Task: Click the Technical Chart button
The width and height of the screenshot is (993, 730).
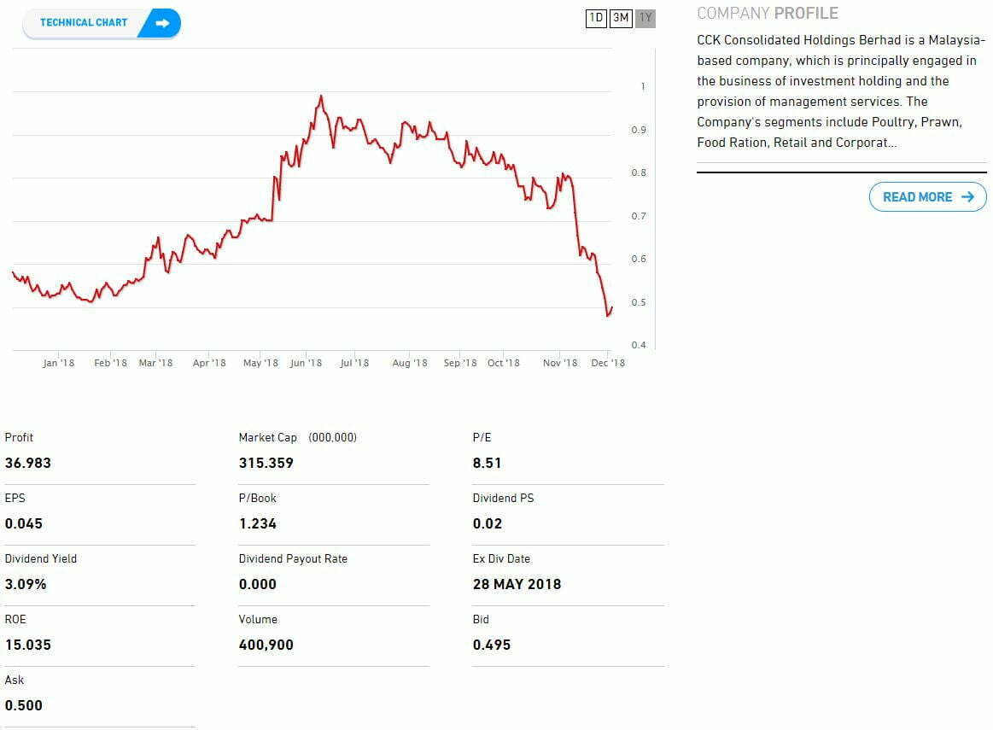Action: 102,23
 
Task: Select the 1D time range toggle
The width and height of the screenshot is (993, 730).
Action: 596,18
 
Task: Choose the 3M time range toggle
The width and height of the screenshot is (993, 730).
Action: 621,18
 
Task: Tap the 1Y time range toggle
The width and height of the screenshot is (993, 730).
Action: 645,18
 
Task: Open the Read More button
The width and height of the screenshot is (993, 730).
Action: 927,197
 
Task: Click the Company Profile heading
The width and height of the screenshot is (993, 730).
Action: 768,14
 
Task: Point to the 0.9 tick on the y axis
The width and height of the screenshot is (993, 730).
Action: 639,130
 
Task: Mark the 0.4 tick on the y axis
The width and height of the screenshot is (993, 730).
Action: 639,345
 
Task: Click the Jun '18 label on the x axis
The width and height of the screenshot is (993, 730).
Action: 306,363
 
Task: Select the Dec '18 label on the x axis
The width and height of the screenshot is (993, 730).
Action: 608,363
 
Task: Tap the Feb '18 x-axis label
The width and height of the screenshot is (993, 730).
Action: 110,363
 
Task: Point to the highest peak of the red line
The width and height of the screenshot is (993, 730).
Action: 320,96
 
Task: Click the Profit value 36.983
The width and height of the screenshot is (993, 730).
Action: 28,463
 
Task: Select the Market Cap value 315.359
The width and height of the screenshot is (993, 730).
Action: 266,463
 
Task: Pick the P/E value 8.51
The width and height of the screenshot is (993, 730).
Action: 487,463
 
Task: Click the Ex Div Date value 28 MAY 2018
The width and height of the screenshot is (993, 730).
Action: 517,584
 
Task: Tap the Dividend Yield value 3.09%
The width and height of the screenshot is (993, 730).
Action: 26,584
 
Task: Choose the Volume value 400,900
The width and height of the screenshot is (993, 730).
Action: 266,645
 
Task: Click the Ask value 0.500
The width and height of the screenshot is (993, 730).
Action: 24,705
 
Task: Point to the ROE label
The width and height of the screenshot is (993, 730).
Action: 15,619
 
